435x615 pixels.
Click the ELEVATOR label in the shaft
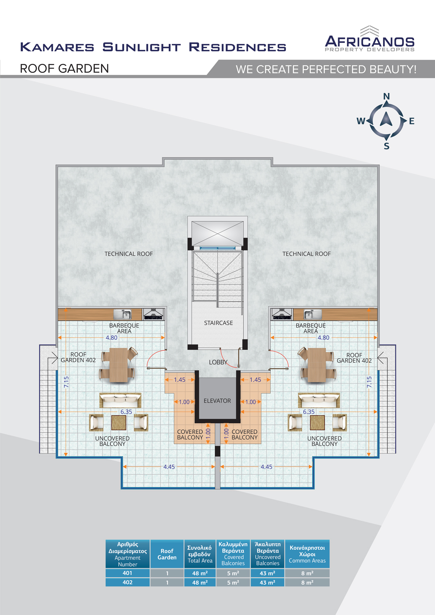click(217, 401)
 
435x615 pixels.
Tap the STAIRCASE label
click(219, 323)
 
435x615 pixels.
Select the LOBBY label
click(218, 362)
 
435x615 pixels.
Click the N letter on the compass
click(386, 96)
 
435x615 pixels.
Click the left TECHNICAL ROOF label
click(129, 254)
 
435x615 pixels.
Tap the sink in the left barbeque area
click(123, 314)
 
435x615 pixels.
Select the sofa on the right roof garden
click(319, 400)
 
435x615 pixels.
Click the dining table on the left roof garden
click(119, 365)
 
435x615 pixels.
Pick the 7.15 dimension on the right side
click(369, 382)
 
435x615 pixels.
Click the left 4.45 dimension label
click(169, 467)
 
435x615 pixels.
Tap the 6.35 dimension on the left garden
click(126, 412)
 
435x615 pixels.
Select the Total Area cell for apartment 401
click(200, 573)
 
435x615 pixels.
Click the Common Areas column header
click(307, 554)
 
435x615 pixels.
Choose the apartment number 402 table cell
click(127, 582)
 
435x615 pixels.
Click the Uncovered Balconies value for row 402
click(267, 582)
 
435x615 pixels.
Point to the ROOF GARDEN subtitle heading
click(64, 69)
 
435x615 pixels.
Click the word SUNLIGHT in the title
click(141, 47)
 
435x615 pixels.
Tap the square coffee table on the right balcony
click(317, 423)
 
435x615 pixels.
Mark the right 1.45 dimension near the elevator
click(255, 380)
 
